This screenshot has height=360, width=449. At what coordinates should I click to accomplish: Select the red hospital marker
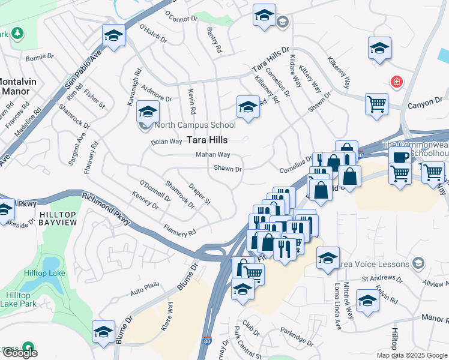[x=396, y=82]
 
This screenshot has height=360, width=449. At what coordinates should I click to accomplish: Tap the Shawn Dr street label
[x=228, y=169]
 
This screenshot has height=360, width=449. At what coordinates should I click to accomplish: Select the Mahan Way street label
[x=212, y=154]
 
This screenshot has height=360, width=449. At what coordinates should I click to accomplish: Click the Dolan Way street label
[x=166, y=142]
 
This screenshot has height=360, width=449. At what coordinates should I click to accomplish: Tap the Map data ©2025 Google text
[x=411, y=355]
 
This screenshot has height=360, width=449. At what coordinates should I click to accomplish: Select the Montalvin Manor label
[x=16, y=86]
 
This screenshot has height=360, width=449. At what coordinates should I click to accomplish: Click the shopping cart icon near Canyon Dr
[x=376, y=104]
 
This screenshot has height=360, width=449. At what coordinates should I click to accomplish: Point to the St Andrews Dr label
[x=381, y=279]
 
